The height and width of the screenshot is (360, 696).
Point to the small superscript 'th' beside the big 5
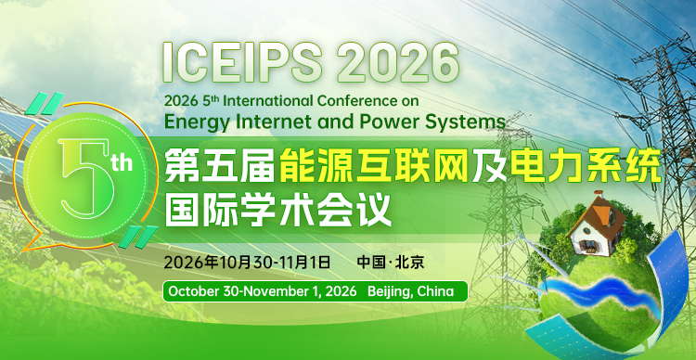pyautogui.click(x=122, y=164)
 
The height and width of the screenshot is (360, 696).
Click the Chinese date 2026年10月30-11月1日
pyautogui.click(x=246, y=261)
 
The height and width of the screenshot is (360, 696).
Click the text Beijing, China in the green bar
pyautogui.click(x=410, y=291)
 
